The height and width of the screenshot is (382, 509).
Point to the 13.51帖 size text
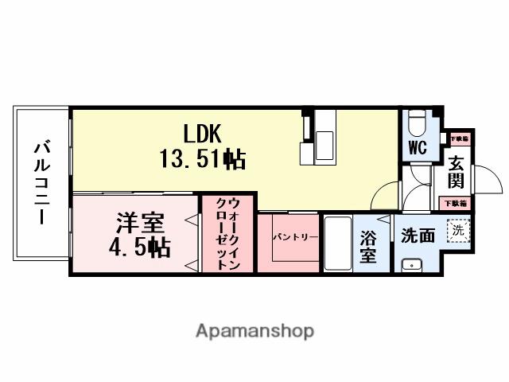coord(202,159)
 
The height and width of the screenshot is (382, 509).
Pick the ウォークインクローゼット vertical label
coord(227,234)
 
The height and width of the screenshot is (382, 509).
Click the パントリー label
coord(296,237)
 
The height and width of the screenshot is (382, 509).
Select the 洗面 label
coord(418,235)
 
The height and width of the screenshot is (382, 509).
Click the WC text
coord(418,148)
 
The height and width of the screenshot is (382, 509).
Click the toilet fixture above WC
coord(418,124)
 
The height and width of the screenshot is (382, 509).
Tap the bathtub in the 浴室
coord(337,242)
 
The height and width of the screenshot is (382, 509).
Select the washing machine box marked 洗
coord(457,231)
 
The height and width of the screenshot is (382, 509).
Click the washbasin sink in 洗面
coord(411,264)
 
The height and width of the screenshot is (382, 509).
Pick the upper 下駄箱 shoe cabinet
coord(458,139)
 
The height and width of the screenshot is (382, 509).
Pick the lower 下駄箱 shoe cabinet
coord(456,203)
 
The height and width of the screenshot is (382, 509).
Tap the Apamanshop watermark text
coord(254,330)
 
